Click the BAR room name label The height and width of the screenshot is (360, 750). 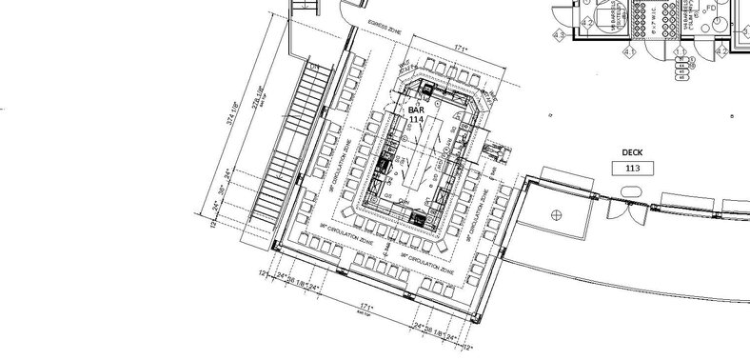[415, 110]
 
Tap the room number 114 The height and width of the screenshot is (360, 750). [415, 120]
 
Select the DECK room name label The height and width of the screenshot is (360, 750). [632, 152]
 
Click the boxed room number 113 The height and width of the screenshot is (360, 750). [632, 169]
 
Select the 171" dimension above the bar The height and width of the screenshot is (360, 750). [460, 45]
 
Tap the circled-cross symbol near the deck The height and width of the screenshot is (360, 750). [554, 213]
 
